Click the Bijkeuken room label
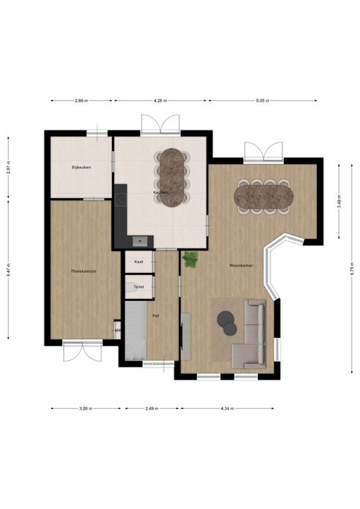pyautogui.click(x=82, y=168)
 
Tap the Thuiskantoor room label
pyautogui.click(x=84, y=271)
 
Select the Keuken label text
pyautogui.click(x=160, y=192)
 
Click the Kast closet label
pyautogui.click(x=139, y=262)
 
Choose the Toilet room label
pyautogui.click(x=139, y=287)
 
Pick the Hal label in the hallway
pyautogui.click(x=156, y=315)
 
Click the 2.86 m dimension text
pyautogui.click(x=82, y=101)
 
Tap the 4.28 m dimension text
pyautogui.click(x=160, y=101)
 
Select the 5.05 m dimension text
pyautogui.click(x=263, y=101)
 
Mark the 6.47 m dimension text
pyautogui.click(x=8, y=267)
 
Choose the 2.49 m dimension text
pyautogui.click(x=152, y=408)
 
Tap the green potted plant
pyautogui.click(x=191, y=259)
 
